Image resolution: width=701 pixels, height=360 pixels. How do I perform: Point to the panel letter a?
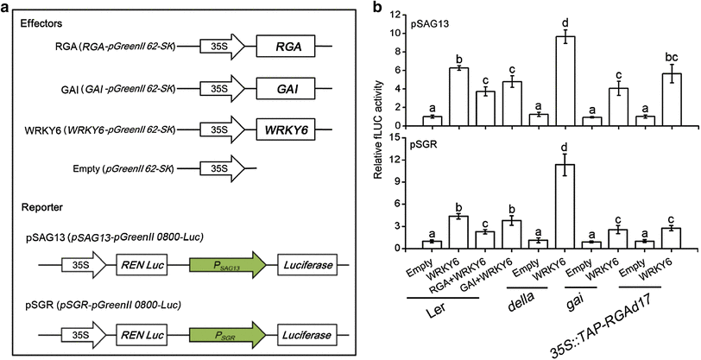click(x=12, y=9)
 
